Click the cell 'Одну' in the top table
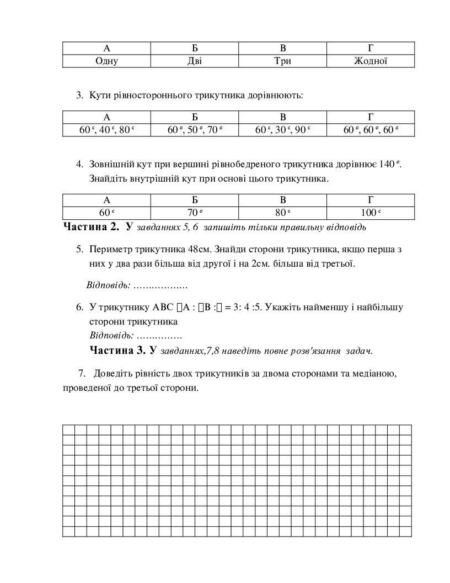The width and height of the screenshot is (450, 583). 106,61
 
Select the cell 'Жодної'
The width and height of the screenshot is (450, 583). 371,61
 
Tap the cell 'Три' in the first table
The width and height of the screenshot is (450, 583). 282,61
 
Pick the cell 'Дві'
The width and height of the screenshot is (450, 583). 195,61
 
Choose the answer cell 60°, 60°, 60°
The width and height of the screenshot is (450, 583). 371,130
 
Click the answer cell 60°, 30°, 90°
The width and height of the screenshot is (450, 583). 282,130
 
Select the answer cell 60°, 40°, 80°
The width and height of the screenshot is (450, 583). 106,130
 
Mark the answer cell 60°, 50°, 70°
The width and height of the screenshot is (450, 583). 195,130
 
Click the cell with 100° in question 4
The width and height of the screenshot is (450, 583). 371,213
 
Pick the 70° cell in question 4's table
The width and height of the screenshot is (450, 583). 195,213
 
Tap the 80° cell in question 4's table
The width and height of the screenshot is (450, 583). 282,213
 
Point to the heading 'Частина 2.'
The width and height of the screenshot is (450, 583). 91,226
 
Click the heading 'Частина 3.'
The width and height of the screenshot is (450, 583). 117,350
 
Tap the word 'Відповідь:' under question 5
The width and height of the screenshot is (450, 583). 109,285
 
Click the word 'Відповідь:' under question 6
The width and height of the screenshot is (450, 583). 111,335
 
